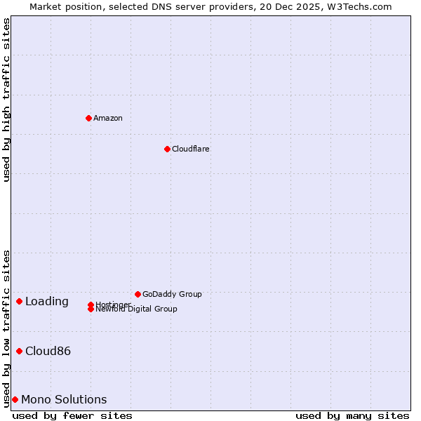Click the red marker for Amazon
tap(88, 118)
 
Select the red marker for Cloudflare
tap(167, 149)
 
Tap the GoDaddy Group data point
tap(138, 294)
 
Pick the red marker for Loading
tap(19, 301)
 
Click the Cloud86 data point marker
tap(19, 351)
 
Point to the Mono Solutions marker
tap(15, 399)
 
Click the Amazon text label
tap(108, 118)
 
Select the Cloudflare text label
tap(191, 149)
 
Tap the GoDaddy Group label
tap(172, 294)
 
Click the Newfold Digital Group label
tap(137, 309)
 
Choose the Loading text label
tap(47, 302)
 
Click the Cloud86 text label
tap(48, 352)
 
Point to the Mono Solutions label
tap(64, 400)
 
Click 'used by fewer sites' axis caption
tap(72, 415)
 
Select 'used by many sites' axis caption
tap(352, 415)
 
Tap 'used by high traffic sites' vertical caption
tap(6, 100)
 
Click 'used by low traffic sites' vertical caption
tap(6, 328)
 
